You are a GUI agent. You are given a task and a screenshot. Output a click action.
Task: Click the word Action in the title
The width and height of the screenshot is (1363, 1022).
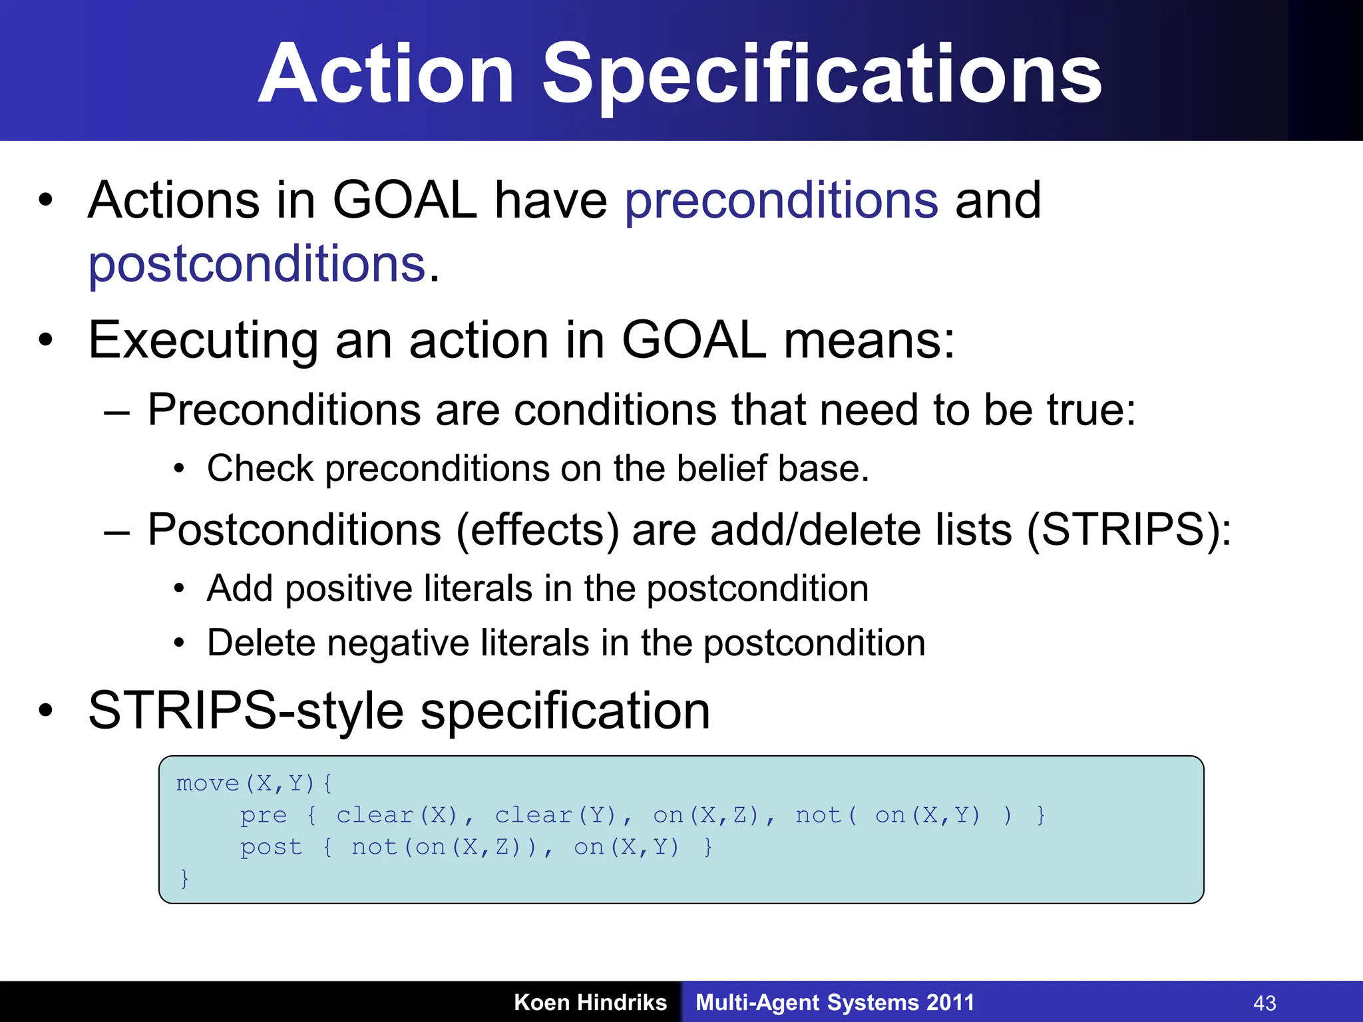pyautogui.click(x=386, y=75)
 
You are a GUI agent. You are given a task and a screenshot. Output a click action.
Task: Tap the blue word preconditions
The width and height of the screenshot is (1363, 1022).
pyautogui.click(x=781, y=201)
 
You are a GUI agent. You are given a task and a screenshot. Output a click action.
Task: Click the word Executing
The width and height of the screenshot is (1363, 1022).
pyautogui.click(x=203, y=341)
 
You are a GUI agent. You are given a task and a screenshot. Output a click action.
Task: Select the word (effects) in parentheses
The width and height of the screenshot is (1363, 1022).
pyautogui.click(x=538, y=530)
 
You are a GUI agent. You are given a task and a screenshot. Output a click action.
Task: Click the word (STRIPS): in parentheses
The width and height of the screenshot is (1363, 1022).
pyautogui.click(x=1129, y=530)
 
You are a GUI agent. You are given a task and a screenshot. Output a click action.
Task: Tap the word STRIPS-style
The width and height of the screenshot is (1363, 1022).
pyautogui.click(x=246, y=711)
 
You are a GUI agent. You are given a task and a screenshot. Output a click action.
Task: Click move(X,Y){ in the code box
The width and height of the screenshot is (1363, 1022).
pyautogui.click(x=254, y=783)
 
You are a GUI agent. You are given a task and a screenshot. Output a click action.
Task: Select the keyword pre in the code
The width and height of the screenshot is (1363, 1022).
pyautogui.click(x=264, y=815)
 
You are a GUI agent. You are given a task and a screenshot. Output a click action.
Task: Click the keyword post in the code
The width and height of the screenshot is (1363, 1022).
pyautogui.click(x=271, y=847)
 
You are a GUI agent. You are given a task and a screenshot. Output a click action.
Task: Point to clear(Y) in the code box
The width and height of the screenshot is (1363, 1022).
pyautogui.click(x=556, y=815)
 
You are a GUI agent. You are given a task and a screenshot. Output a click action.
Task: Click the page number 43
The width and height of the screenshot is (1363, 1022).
pyautogui.click(x=1265, y=1003)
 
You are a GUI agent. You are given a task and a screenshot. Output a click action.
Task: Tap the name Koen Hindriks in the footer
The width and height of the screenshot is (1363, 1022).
pyautogui.click(x=590, y=1003)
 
